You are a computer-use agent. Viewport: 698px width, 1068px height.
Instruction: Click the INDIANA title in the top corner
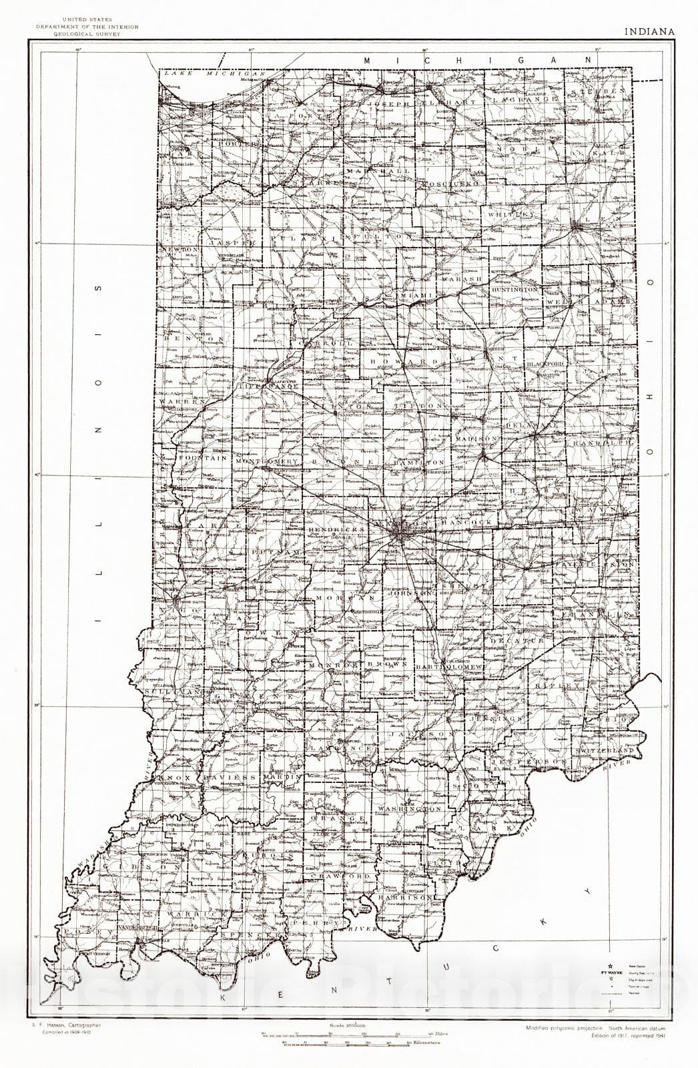[649, 31]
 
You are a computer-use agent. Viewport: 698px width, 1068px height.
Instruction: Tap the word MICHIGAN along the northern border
[476, 60]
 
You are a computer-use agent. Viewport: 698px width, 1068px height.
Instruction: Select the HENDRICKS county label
[337, 529]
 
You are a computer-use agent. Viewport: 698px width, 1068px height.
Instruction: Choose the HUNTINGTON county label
[514, 291]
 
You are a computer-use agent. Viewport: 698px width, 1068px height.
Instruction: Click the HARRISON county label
[404, 898]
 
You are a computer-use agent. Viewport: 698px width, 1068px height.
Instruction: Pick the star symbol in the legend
[609, 965]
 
